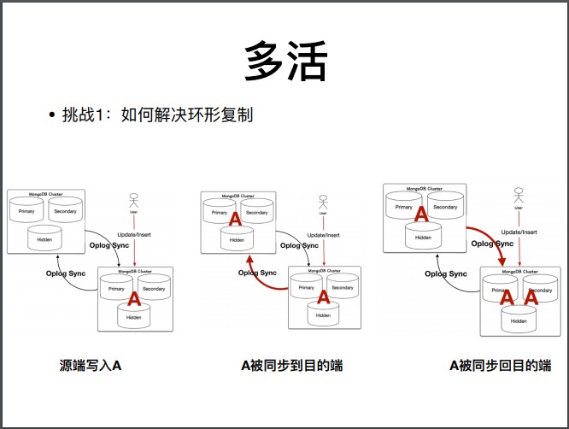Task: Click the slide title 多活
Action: click(285, 62)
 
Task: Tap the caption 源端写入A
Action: click(91, 365)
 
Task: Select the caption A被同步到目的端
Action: click(291, 365)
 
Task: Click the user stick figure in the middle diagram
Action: click(322, 203)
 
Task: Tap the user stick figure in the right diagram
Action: click(519, 196)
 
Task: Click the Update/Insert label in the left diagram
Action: click(132, 234)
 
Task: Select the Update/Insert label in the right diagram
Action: click(519, 232)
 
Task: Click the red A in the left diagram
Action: click(132, 301)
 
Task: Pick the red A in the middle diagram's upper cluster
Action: click(236, 220)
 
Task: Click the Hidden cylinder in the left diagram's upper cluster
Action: click(44, 238)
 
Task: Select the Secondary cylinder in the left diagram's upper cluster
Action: click(66, 210)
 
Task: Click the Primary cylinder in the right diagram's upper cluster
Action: click(404, 206)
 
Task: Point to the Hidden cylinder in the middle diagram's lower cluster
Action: click(322, 314)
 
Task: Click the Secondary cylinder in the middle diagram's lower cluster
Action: click(343, 287)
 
